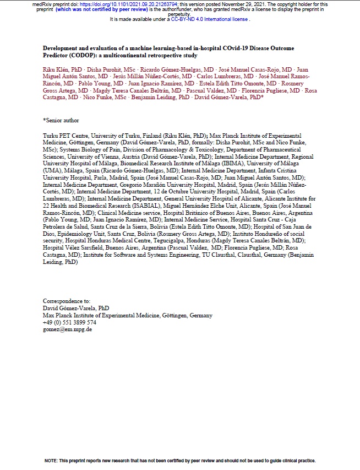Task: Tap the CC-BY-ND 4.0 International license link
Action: [214, 19]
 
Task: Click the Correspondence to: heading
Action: [66, 301]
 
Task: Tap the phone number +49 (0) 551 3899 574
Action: [69, 322]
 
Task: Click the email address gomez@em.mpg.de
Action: [67, 329]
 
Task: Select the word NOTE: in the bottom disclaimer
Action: [52, 460]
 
